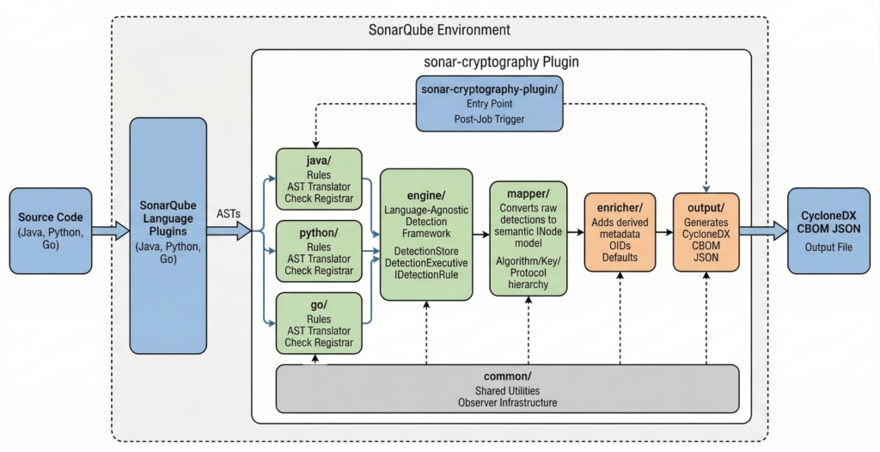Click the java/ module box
317,179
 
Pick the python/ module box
317,250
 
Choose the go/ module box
317,322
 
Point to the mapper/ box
528,237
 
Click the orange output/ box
706,232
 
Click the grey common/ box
508,388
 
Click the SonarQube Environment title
439,30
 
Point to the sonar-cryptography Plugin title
501,62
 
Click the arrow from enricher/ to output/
662,232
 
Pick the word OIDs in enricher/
618,245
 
